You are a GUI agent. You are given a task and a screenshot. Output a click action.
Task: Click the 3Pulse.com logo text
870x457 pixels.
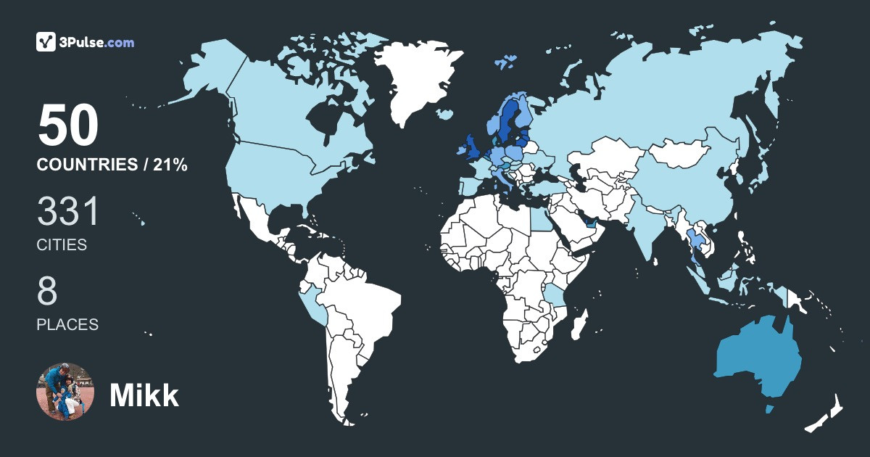(98, 43)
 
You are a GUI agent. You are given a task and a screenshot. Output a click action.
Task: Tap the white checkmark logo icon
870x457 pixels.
(46, 42)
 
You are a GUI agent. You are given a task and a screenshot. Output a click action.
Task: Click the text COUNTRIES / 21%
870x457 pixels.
(112, 165)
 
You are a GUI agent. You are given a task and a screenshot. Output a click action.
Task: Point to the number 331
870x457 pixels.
(68, 213)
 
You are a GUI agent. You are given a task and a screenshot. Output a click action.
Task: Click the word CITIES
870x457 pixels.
(62, 245)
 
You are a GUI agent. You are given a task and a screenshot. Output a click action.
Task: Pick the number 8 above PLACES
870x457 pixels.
(47, 292)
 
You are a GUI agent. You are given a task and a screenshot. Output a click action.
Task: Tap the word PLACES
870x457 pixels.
(67, 325)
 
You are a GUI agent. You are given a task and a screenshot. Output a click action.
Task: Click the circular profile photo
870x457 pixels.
(65, 392)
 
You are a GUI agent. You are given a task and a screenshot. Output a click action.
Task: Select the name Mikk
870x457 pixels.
(144, 395)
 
